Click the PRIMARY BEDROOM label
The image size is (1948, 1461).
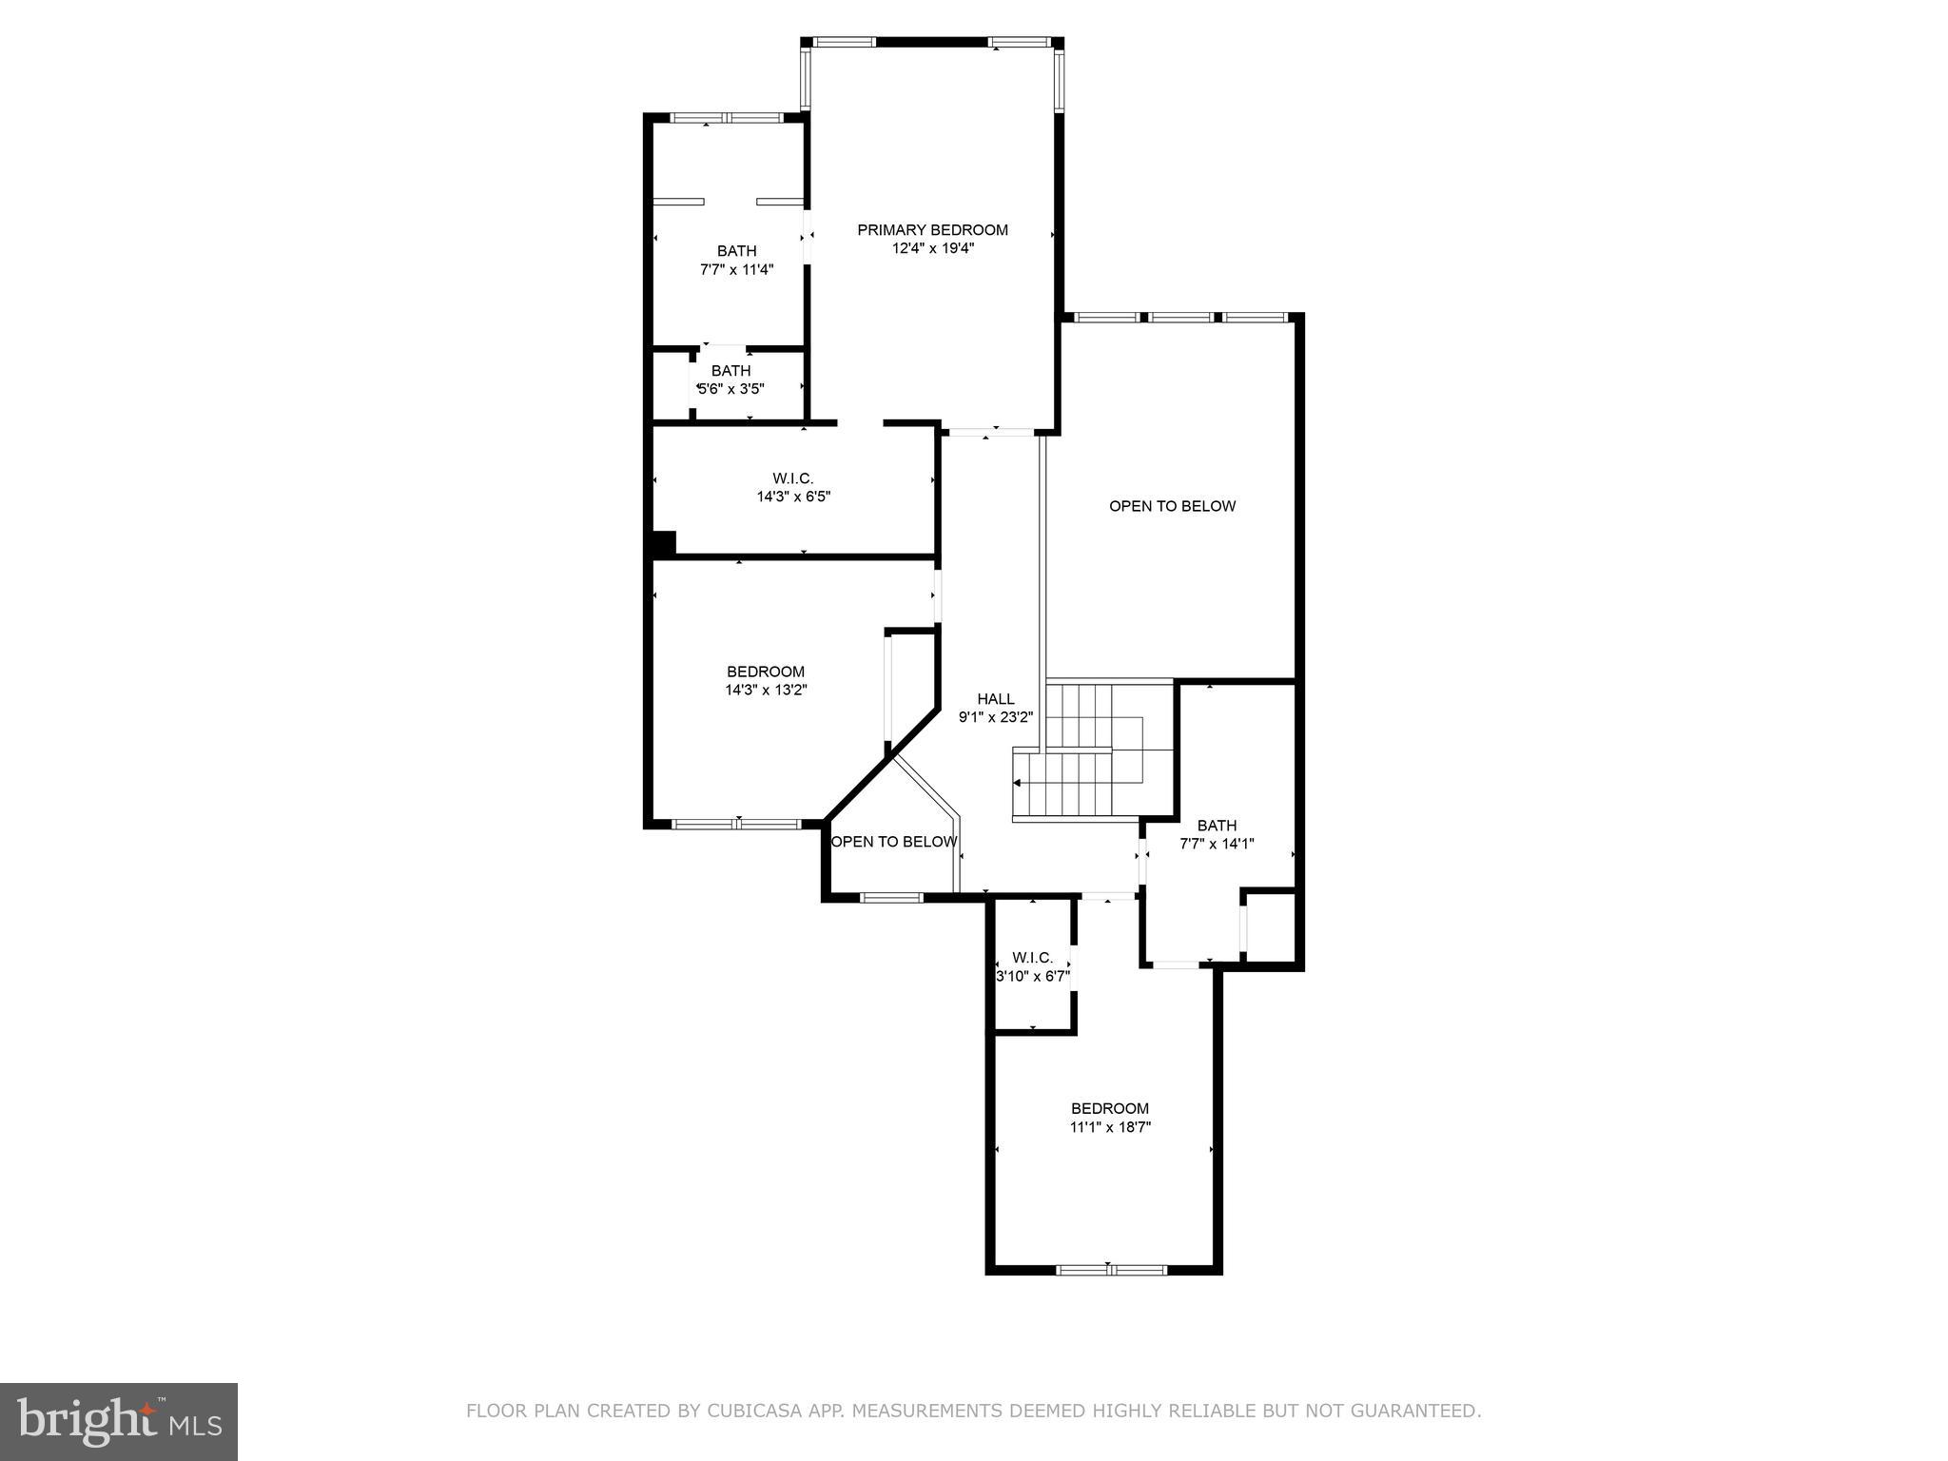tap(932, 230)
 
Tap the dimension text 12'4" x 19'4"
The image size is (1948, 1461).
tap(932, 248)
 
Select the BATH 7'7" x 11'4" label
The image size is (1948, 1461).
tap(736, 260)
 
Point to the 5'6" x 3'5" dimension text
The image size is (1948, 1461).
tap(730, 389)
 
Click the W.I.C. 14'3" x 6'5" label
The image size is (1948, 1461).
tap(793, 487)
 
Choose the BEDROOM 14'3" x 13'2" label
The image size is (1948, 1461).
tap(766, 680)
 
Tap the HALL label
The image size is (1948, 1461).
tap(995, 699)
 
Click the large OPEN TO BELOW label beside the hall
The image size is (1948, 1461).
tap(1172, 506)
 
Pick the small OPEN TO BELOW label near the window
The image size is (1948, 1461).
tap(894, 842)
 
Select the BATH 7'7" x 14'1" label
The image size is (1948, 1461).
tap(1217, 834)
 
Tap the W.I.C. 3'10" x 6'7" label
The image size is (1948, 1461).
tap(1032, 966)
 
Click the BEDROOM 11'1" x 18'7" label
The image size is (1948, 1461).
tap(1109, 1118)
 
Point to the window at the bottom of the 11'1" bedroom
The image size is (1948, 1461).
tap(1111, 1269)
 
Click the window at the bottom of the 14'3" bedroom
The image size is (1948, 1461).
tap(737, 824)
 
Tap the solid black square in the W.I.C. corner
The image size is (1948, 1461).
tap(663, 543)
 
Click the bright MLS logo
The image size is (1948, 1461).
tap(119, 1421)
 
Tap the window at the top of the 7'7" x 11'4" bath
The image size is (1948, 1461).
tap(727, 118)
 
